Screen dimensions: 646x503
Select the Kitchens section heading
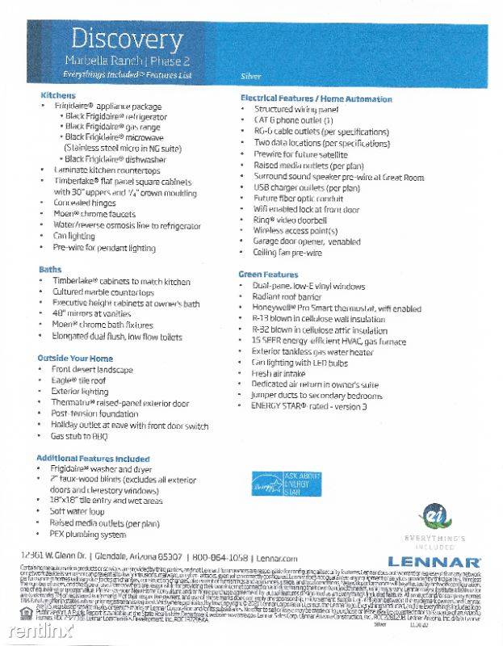tap(57, 95)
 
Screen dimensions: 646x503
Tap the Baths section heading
tap(50, 269)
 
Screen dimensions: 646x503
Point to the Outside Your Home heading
tap(75, 357)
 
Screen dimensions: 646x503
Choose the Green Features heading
tap(270, 275)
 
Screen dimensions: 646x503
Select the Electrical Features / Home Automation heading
tap(316, 98)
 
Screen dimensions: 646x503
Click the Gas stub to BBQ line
tap(78, 435)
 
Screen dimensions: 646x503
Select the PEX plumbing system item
tap(88, 534)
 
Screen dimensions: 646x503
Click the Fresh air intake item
tap(279, 374)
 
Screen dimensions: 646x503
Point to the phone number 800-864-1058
tap(216, 558)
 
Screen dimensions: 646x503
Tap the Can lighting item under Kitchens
tap(73, 236)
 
